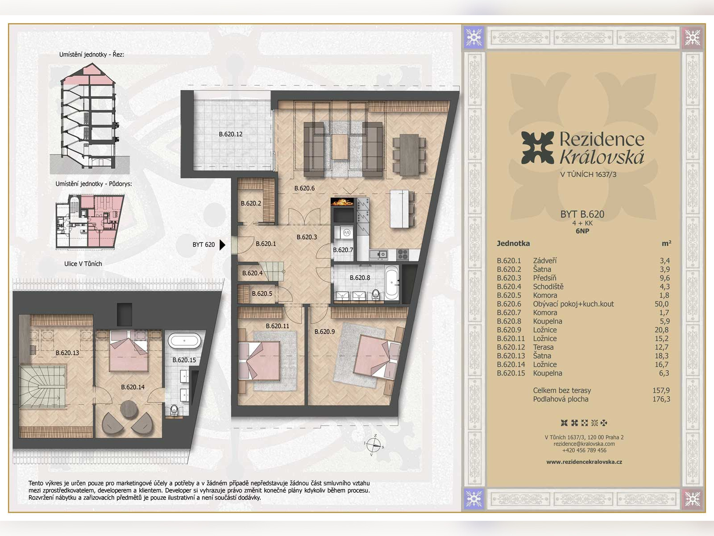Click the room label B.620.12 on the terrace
(x=231, y=134)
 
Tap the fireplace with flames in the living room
(x=342, y=201)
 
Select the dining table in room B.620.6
(x=409, y=155)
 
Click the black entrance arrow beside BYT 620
(x=223, y=245)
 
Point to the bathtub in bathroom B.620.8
(x=391, y=282)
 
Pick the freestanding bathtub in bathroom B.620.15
(x=184, y=341)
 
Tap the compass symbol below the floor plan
(x=374, y=444)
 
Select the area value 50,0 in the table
(x=662, y=304)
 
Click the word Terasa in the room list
(x=543, y=347)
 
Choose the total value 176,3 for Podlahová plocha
(x=661, y=399)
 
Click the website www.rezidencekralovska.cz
(x=584, y=462)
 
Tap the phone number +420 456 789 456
(x=584, y=450)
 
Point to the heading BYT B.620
(x=582, y=214)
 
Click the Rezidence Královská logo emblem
(x=537, y=147)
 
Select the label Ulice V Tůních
(x=83, y=264)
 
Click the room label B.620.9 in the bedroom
(x=324, y=331)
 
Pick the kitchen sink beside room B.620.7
(x=378, y=255)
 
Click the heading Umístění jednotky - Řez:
(x=91, y=54)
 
